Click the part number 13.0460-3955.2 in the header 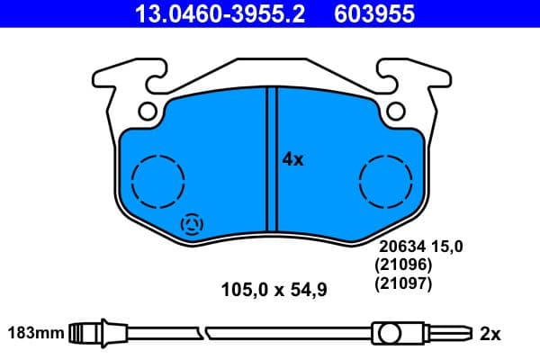click(x=210, y=14)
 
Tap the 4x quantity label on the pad click(x=293, y=160)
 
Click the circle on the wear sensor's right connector click(x=390, y=334)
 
